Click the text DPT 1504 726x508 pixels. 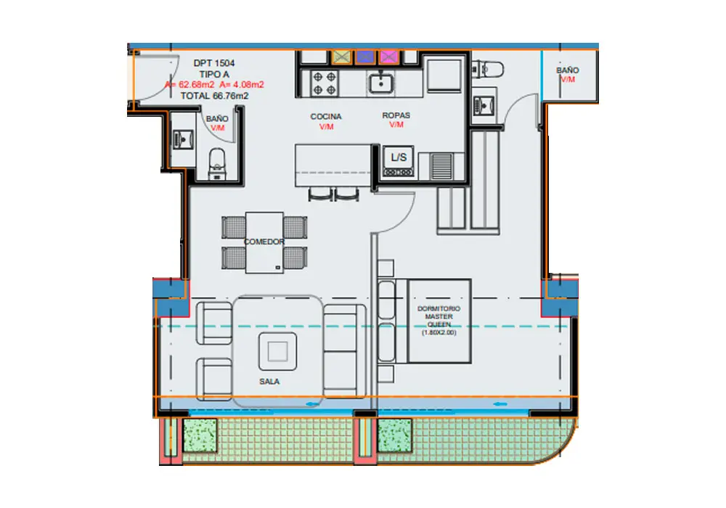coord(214,63)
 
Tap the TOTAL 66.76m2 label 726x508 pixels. coord(214,96)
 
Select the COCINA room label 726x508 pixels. coord(326,117)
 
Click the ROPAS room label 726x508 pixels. coord(396,115)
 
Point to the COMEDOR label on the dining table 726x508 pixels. coord(264,242)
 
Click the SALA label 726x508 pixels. coord(269,382)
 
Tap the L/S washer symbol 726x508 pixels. coord(398,161)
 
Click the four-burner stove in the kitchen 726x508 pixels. coord(324,83)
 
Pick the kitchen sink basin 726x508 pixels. coord(381,83)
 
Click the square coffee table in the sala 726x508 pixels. coord(277,351)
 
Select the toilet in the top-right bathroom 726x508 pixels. coord(488,70)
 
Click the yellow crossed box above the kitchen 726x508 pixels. coord(342,57)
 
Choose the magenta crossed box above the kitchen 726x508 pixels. coord(389,57)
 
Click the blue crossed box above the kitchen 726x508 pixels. coord(365,57)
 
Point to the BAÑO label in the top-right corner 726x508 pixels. coord(567,70)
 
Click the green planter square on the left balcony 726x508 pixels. coord(200,435)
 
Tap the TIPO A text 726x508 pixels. coord(214,74)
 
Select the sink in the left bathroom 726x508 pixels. coord(183,139)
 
